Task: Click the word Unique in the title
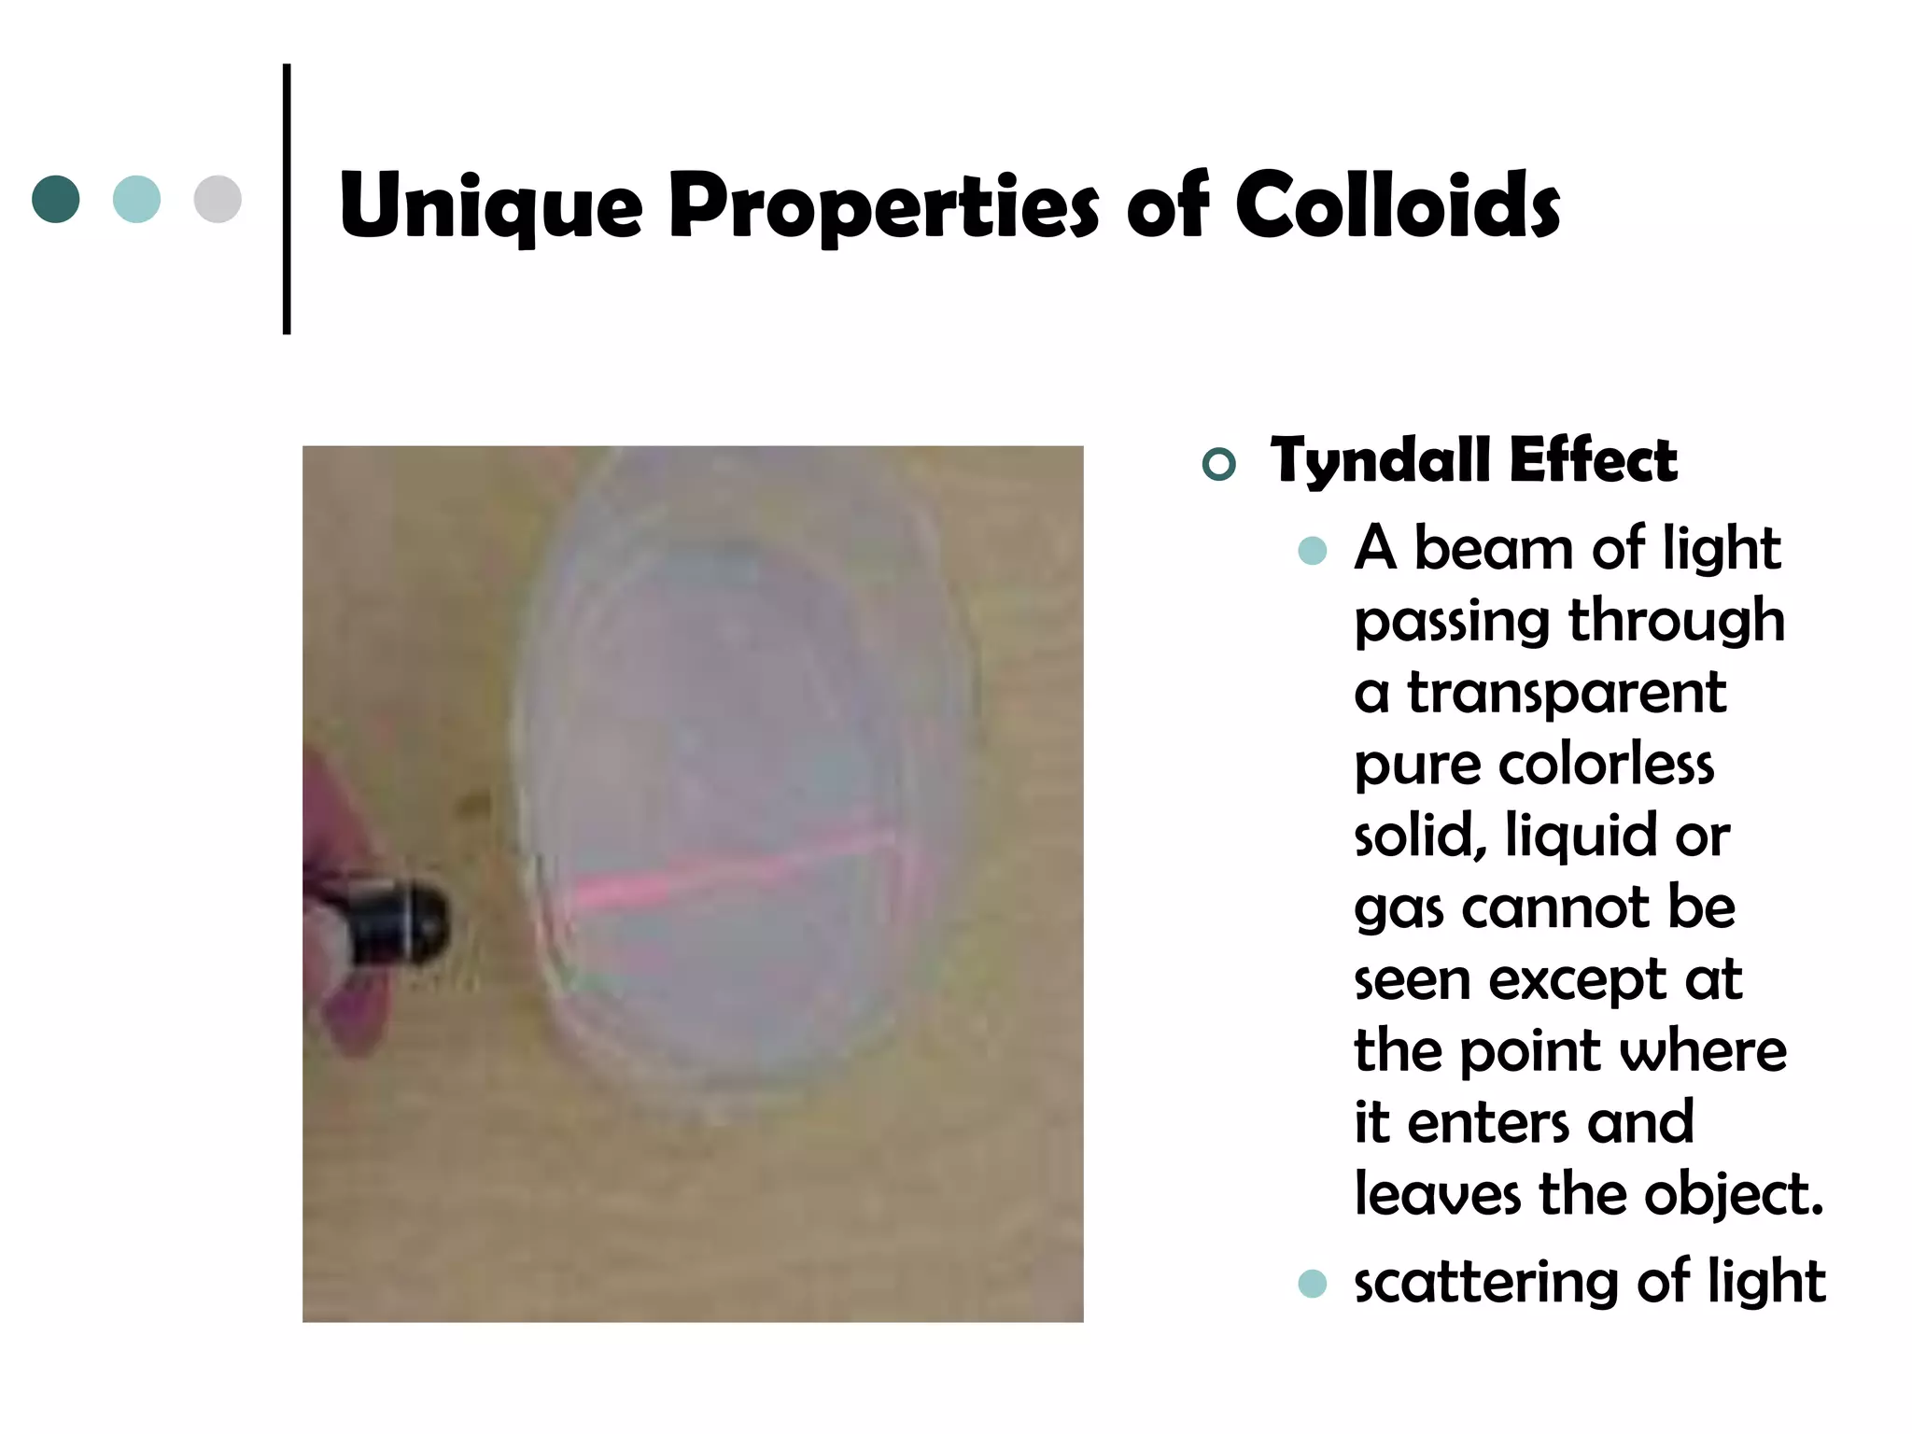click(x=490, y=207)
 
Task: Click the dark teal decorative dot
click(x=56, y=199)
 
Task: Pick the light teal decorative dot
click(x=136, y=199)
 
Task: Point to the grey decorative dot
click(x=218, y=199)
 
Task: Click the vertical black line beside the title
click(x=287, y=199)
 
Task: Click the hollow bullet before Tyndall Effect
click(x=1219, y=464)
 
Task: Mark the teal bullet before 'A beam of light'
click(x=1312, y=551)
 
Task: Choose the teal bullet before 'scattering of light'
click(x=1312, y=1284)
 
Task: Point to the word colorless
click(x=1606, y=765)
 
